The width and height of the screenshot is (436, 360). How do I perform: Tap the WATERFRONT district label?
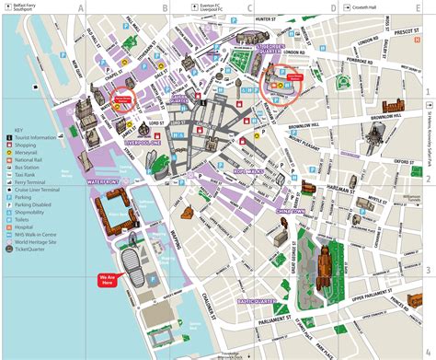tap(105, 182)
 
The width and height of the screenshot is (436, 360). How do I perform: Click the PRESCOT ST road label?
tap(403, 30)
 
